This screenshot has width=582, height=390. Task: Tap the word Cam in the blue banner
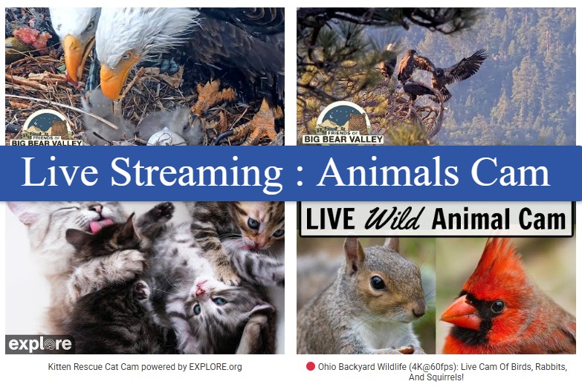point(510,172)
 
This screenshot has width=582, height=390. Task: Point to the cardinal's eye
point(497,306)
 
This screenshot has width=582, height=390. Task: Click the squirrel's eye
point(378,283)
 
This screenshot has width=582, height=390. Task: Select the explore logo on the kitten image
point(40,344)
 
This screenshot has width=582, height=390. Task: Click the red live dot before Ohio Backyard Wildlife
point(310,367)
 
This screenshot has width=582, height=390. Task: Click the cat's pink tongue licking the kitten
point(100,225)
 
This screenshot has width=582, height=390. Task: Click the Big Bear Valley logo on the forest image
point(343,123)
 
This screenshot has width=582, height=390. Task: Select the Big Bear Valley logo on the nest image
point(47,128)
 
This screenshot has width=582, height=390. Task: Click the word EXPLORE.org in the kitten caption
point(216,367)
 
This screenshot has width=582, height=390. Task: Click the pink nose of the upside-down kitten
point(201,287)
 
